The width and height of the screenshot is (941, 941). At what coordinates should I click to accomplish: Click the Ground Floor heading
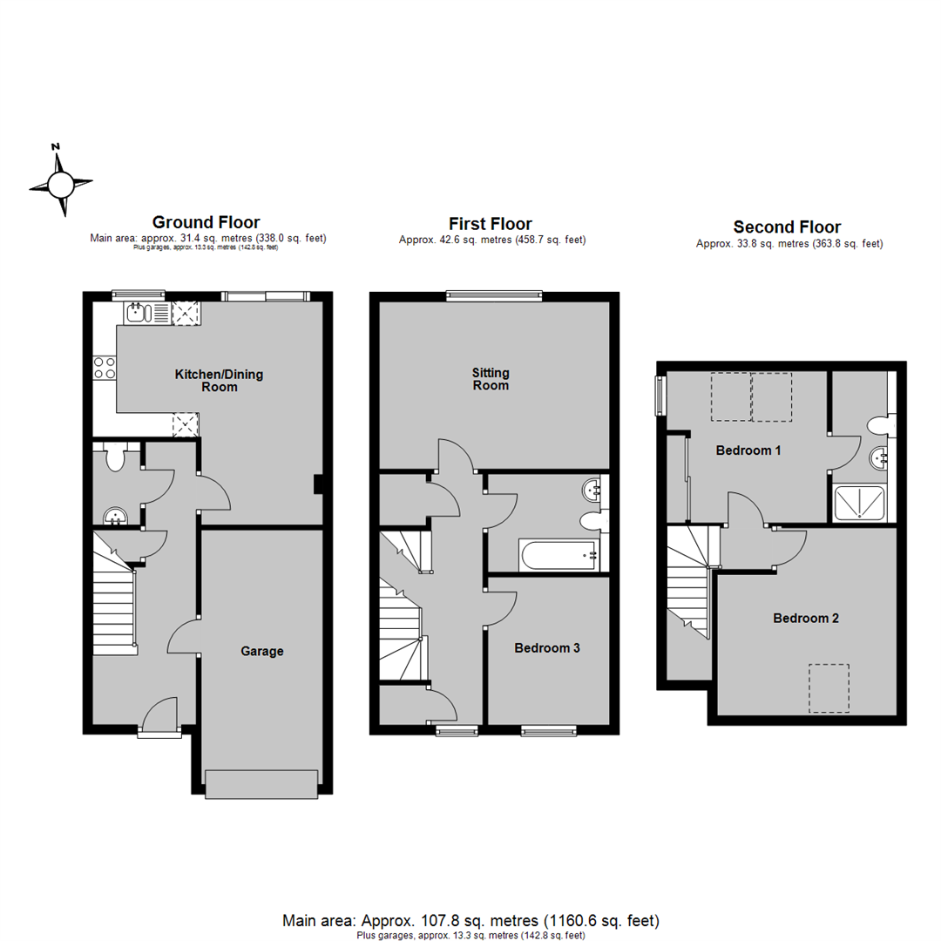pos(206,222)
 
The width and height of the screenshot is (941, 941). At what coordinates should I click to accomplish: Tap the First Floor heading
pos(491,224)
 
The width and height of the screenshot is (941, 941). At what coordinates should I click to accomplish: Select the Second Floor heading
pos(788,228)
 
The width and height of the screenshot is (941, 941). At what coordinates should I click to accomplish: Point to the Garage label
pos(262,651)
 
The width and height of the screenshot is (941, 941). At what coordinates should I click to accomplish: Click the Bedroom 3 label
pos(547,648)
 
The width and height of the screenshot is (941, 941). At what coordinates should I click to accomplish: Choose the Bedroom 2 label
pos(806,619)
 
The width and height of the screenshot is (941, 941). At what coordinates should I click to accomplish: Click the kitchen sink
pos(139,313)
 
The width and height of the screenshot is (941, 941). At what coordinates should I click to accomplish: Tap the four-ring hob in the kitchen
pos(105,368)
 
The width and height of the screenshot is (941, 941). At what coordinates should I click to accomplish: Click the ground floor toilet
pos(113,457)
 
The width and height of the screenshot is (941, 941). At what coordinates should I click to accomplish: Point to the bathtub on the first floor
pos(559,555)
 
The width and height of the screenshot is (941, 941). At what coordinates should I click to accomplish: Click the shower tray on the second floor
pos(861,503)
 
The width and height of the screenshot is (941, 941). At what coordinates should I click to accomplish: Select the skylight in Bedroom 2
pos(829,688)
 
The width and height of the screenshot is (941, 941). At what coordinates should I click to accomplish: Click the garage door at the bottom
pos(261,784)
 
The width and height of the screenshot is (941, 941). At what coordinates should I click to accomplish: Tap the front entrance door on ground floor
pos(159,714)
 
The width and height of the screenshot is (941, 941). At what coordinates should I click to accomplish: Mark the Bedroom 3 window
pos(548,730)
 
